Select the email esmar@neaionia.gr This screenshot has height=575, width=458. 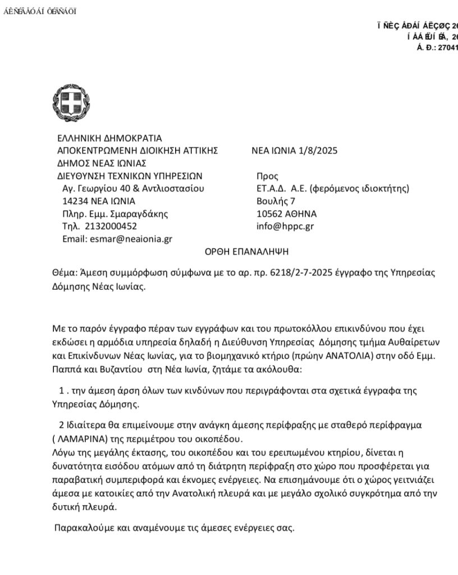coord(131,239)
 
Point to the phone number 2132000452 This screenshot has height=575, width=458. coord(111,226)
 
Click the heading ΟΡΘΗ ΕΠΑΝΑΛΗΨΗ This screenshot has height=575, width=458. coord(247,252)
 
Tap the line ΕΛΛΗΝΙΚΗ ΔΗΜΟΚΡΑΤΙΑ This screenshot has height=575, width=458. coord(109,138)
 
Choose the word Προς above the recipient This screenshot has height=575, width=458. coord(267,176)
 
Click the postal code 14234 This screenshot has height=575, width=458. coord(75,201)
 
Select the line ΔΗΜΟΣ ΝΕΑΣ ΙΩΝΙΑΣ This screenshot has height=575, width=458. coord(102,163)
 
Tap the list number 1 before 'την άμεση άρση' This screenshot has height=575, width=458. coord(62,390)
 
